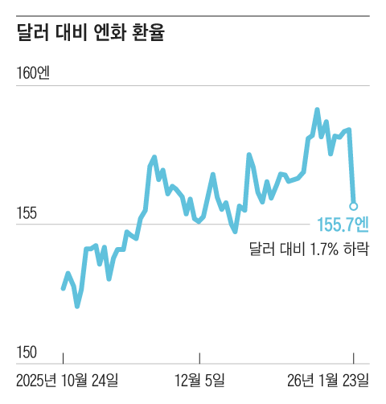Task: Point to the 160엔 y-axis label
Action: tap(32, 73)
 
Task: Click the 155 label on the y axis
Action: tap(27, 213)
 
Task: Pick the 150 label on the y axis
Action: tap(27, 352)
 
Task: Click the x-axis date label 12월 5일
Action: tap(200, 379)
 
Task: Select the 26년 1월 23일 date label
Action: tap(329, 379)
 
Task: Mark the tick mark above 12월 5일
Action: tap(200, 358)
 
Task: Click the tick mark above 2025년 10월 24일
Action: tap(63, 358)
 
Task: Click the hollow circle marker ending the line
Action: tap(353, 206)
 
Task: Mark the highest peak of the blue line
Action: tap(317, 109)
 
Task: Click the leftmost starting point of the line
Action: tap(63, 288)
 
